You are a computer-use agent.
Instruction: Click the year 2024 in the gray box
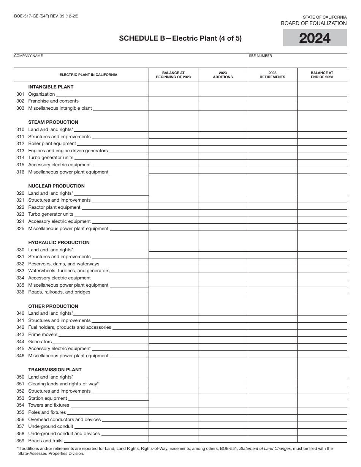point(315,38)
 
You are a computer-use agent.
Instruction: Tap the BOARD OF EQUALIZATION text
point(313,24)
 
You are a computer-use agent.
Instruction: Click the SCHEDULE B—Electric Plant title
point(180,38)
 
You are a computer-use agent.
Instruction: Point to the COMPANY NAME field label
point(28,56)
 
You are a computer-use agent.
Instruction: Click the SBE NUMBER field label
point(261,56)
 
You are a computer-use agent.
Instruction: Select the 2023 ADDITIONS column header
point(223,75)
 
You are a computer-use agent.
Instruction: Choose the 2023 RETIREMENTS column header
point(272,75)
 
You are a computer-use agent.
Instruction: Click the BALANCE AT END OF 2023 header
point(322,75)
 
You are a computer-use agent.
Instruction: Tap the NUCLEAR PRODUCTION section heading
point(56,186)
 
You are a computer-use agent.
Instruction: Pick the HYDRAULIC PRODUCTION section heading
point(59,243)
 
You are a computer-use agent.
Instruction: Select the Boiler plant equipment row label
point(52,144)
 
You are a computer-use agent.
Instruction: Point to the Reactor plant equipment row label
point(54,207)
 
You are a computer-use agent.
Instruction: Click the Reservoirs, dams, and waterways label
point(63,264)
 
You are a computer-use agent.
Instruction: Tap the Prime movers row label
point(43,334)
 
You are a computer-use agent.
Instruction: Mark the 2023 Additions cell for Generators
point(223,341)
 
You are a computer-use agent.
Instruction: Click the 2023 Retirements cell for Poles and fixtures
point(272,412)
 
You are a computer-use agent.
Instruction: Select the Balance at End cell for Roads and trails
point(322,440)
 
